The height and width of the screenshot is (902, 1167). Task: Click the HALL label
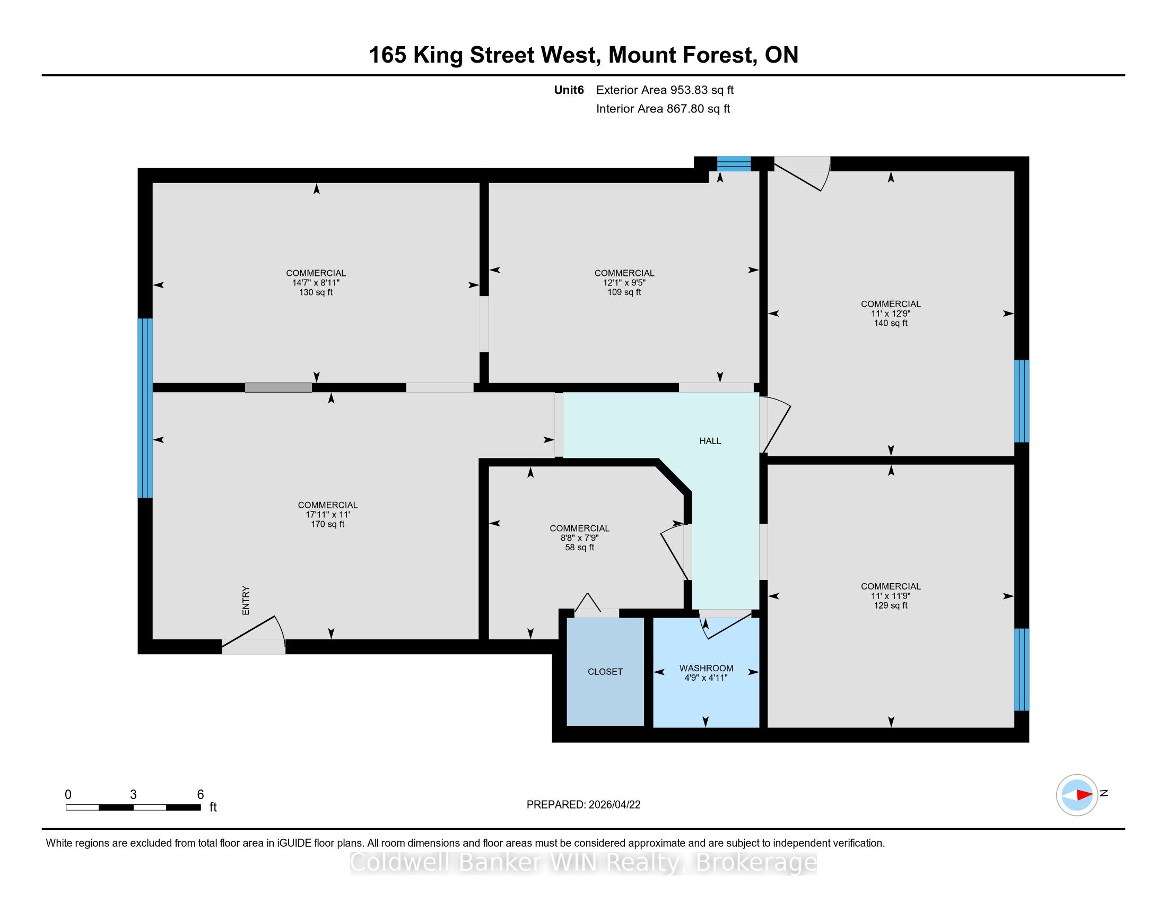click(x=710, y=441)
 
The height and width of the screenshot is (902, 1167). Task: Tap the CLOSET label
click(x=605, y=672)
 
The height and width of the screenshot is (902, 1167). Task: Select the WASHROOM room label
click(x=706, y=668)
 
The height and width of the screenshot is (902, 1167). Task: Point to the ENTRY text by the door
click(x=246, y=601)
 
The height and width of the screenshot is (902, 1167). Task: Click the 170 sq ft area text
click(x=327, y=524)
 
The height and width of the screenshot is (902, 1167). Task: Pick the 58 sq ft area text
click(x=579, y=547)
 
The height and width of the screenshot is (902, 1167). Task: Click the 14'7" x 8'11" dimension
click(x=316, y=283)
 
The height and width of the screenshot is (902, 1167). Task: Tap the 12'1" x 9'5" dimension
click(x=624, y=283)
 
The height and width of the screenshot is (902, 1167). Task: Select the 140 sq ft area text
click(x=891, y=323)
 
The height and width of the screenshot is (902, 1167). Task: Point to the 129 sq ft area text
click(x=891, y=605)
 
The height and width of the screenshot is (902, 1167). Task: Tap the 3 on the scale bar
click(x=133, y=795)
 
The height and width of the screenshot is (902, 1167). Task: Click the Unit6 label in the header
click(x=569, y=90)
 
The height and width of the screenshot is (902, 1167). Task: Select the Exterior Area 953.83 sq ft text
click(x=665, y=90)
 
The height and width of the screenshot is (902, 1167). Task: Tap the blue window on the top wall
click(x=734, y=163)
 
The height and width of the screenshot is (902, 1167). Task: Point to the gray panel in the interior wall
click(x=278, y=388)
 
